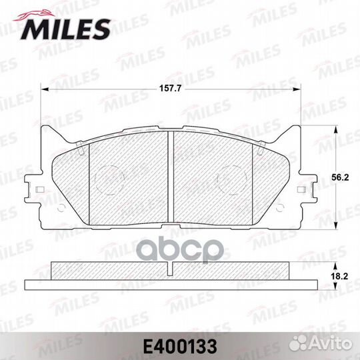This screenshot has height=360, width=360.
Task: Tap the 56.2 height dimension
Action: click(341, 178)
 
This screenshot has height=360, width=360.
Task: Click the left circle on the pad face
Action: click(106, 179)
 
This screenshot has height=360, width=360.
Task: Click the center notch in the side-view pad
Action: click(170, 269)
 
